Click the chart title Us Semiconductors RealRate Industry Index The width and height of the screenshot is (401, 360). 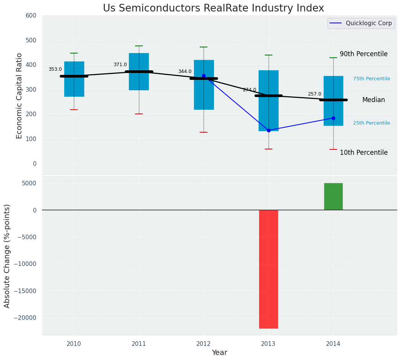pyautogui.click(x=214, y=8)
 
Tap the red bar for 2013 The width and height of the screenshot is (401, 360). pyautogui.click(x=268, y=269)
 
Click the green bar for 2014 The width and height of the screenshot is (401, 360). pyautogui.click(x=333, y=196)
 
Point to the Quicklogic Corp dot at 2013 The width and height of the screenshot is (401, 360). pyautogui.click(x=269, y=130)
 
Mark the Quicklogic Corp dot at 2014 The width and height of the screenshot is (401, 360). pyautogui.click(x=333, y=118)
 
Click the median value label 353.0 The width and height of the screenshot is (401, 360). pyautogui.click(x=55, y=69)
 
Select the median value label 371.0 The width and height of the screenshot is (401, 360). pyautogui.click(x=120, y=65)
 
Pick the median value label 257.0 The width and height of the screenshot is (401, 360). pyautogui.click(x=315, y=94)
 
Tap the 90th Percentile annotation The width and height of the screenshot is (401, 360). pyautogui.click(x=364, y=54)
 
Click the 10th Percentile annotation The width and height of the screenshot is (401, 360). pyautogui.click(x=364, y=152)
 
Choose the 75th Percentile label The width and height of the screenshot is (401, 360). pyautogui.click(x=372, y=79)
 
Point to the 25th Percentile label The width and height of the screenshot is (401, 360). pyautogui.click(x=372, y=123)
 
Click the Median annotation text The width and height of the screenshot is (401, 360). pyautogui.click(x=373, y=100)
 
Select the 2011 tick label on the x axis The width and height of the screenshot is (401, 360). pyautogui.click(x=139, y=344)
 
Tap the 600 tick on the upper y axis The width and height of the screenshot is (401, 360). pyautogui.click(x=31, y=16)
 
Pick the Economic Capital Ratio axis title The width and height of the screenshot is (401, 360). pyautogui.click(x=20, y=96)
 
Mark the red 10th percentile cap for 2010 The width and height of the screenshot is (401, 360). pyautogui.click(x=74, y=110)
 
